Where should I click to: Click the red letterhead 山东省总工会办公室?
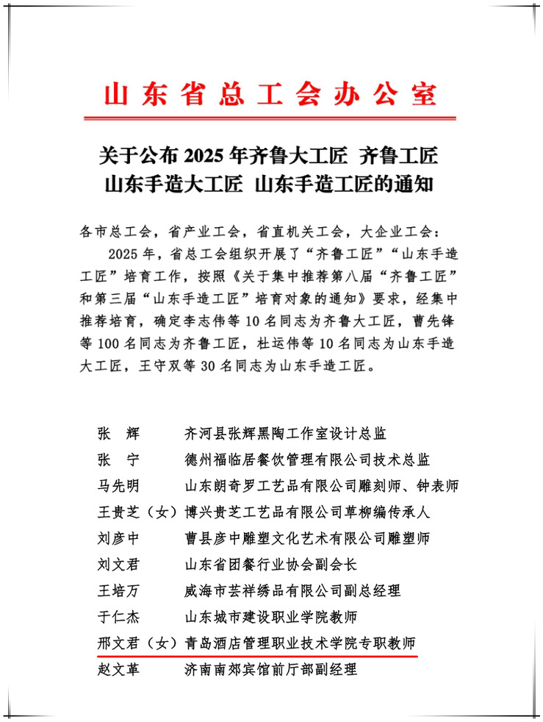270,95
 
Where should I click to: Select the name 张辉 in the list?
118,435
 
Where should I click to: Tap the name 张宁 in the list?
118,460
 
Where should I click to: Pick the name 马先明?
118,486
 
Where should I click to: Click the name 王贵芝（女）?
136,512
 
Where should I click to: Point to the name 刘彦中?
118,538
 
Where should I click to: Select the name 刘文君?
118,564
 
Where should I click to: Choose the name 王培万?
118,590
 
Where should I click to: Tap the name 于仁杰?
118,616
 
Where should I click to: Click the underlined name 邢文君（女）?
136,642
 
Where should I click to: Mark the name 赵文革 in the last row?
118,668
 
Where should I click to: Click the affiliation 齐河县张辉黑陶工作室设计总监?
286,435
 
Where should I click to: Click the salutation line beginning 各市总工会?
261,232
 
